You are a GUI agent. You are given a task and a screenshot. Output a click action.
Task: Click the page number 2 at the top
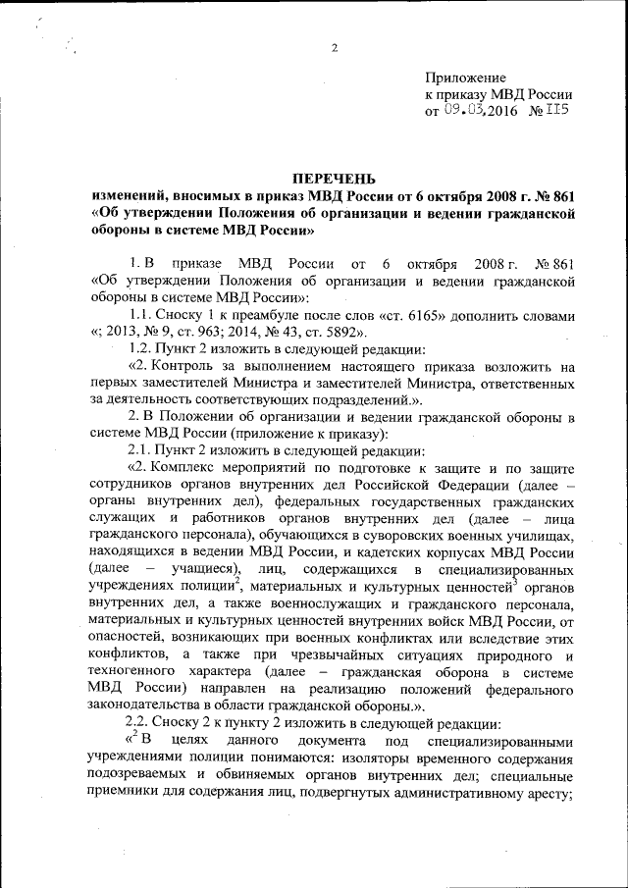[334, 48]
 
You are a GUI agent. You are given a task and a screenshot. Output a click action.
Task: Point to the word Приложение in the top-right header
[465, 77]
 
